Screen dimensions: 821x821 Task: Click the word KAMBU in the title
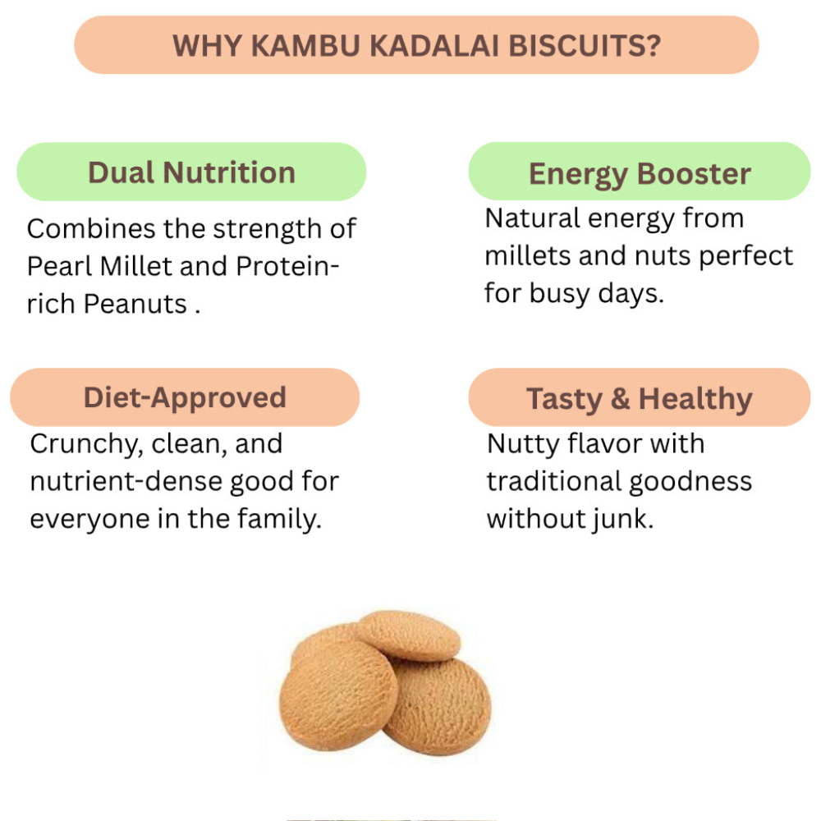click(x=305, y=46)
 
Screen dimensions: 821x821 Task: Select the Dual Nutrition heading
click(x=191, y=172)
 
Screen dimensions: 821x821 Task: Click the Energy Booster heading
click(x=640, y=174)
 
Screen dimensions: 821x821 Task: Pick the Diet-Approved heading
click(x=185, y=398)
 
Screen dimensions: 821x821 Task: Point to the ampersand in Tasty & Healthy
click(x=621, y=399)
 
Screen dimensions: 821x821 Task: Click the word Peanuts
click(x=135, y=304)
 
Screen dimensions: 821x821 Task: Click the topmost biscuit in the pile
click(x=408, y=635)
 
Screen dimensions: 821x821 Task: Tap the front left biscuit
click(x=338, y=695)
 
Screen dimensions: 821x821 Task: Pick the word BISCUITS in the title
click(x=577, y=46)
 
